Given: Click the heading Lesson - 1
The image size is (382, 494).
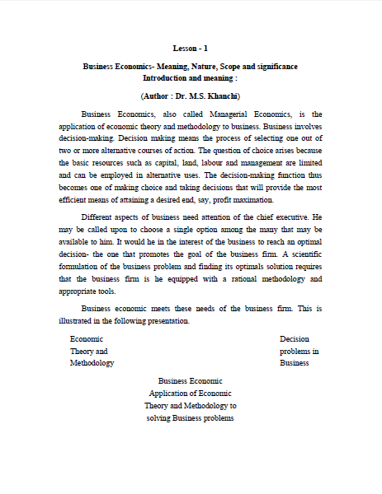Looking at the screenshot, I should click(x=191, y=49).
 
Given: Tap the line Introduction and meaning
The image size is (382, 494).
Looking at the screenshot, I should click(x=191, y=77).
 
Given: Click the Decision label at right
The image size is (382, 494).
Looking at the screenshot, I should click(x=294, y=338).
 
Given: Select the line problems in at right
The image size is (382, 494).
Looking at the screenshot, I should click(x=299, y=351).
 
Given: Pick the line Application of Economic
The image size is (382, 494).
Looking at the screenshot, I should click(x=191, y=394).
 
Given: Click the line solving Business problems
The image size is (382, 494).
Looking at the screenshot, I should click(x=191, y=418).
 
